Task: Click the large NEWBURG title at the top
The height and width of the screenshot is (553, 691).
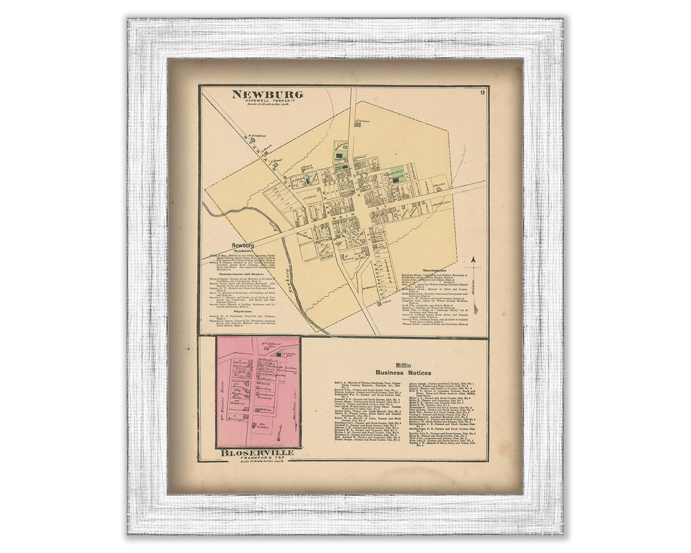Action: click(x=267, y=95)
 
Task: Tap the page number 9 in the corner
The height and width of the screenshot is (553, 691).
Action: click(x=481, y=93)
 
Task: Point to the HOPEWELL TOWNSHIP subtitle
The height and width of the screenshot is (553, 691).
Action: click(x=267, y=102)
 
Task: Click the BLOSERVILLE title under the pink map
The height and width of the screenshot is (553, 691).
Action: click(x=257, y=453)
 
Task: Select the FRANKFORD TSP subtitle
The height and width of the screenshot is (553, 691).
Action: click(x=257, y=460)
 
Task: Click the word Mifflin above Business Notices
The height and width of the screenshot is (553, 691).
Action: click(x=403, y=365)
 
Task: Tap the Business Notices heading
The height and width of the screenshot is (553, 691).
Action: click(x=403, y=373)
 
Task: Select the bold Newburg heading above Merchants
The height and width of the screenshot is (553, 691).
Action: click(x=243, y=245)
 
